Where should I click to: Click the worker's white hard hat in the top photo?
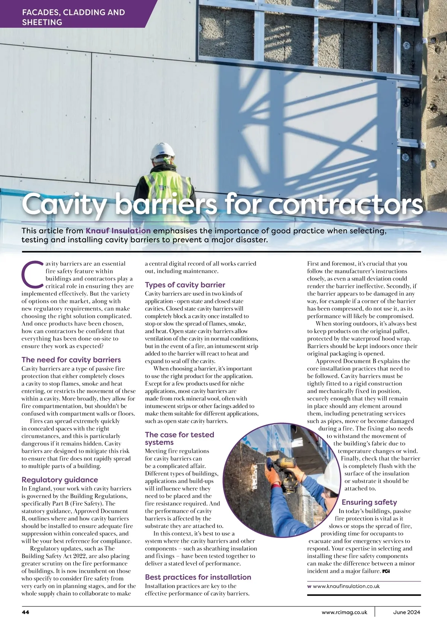(163, 151)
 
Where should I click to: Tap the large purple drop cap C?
(32, 275)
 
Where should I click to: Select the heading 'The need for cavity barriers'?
(71, 360)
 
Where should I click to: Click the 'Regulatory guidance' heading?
(60, 480)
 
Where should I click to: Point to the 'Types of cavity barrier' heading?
(185, 285)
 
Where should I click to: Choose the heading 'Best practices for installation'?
(198, 577)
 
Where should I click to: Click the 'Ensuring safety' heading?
(369, 502)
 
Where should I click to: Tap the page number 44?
(25, 612)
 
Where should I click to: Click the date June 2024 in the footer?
(406, 612)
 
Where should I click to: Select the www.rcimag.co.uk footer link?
(344, 612)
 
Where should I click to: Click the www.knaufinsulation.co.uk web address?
(346, 586)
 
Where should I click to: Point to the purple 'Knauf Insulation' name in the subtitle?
(118, 231)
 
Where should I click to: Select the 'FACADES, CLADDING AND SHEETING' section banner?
(73, 17)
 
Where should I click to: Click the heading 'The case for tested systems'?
(179, 439)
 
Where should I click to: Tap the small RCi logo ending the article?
(386, 571)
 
